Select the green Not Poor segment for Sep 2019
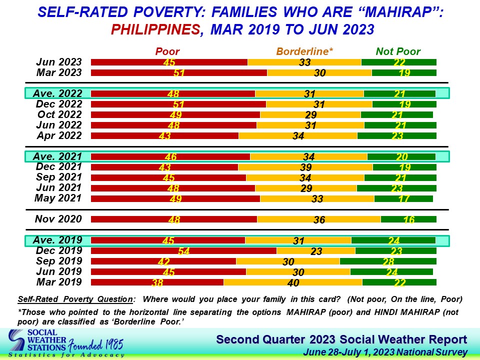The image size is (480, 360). click(x=388, y=261)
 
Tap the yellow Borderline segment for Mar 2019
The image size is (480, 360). click(x=293, y=282)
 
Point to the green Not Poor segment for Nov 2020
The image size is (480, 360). click(x=408, y=219)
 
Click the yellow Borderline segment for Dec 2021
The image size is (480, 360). click(x=305, y=167)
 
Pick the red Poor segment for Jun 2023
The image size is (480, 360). click(x=169, y=62)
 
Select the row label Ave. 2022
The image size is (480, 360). click(x=57, y=93)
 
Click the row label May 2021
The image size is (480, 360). click(x=57, y=198)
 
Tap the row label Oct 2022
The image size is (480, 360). click(x=59, y=114)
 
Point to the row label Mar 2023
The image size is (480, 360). click(x=59, y=72)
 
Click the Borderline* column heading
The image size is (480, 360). click(x=304, y=51)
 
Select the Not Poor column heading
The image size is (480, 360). click(x=398, y=51)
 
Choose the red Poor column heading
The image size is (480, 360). click(x=167, y=51)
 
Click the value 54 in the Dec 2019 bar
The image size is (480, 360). click(x=184, y=251)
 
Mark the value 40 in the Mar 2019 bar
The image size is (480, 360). click(x=293, y=283)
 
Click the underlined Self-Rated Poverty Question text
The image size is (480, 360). click(x=75, y=299)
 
